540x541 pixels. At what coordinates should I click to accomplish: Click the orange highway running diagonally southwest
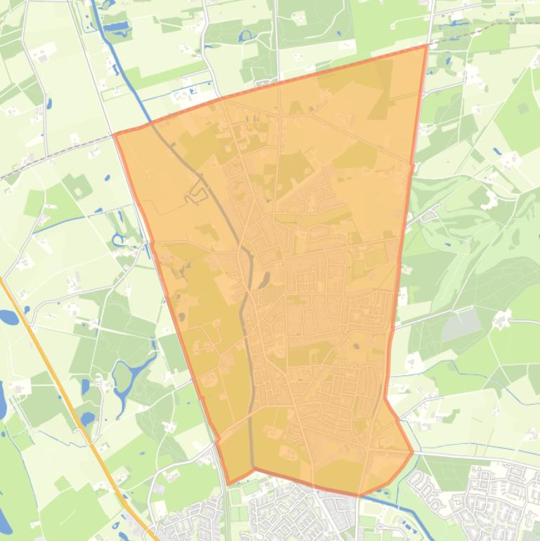coord(63,393)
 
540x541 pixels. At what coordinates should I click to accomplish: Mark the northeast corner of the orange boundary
coord(427,46)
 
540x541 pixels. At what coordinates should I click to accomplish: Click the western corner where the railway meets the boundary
coord(115,133)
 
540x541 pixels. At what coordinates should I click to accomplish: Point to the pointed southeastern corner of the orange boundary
coord(413,452)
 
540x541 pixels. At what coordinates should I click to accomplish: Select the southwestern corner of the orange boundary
coord(230,483)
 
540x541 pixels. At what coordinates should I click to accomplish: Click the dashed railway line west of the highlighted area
coord(49,154)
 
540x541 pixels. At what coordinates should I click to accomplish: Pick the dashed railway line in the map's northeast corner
coord(485,28)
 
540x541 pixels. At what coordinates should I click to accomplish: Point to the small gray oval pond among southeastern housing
coord(355,345)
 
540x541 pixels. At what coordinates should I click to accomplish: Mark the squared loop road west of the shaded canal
coord(191,197)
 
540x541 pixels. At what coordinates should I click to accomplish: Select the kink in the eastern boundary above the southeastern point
coord(386,399)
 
